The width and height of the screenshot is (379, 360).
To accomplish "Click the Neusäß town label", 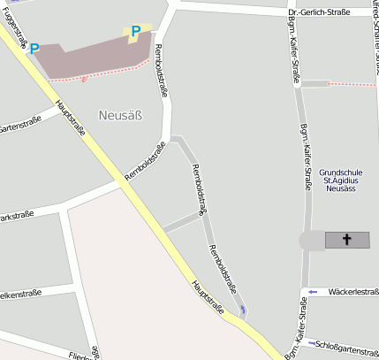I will [x=120, y=115].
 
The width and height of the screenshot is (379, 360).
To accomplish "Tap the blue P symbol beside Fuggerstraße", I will [x=34, y=50].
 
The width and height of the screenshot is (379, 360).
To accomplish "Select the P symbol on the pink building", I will [x=135, y=32].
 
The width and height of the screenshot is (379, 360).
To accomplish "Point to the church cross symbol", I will [x=346, y=240].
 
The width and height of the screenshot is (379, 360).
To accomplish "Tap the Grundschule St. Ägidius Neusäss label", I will [x=341, y=180].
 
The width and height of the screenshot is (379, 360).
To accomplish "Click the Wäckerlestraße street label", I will [x=352, y=291].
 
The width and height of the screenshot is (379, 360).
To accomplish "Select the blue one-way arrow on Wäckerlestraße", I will [x=312, y=292].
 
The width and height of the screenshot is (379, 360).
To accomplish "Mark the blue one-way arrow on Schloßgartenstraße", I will [x=311, y=343].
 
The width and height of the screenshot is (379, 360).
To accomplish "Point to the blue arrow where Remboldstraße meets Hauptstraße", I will [x=244, y=309].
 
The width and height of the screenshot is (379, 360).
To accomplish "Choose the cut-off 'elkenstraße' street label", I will [x=17, y=294].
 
